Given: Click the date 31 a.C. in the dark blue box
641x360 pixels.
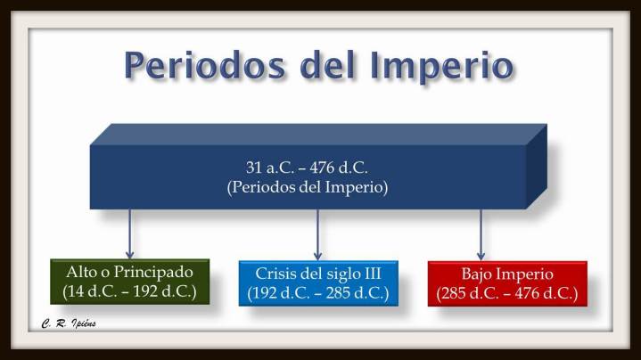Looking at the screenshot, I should click(x=270, y=167).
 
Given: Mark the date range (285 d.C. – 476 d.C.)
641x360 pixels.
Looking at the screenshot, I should click(x=506, y=293).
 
